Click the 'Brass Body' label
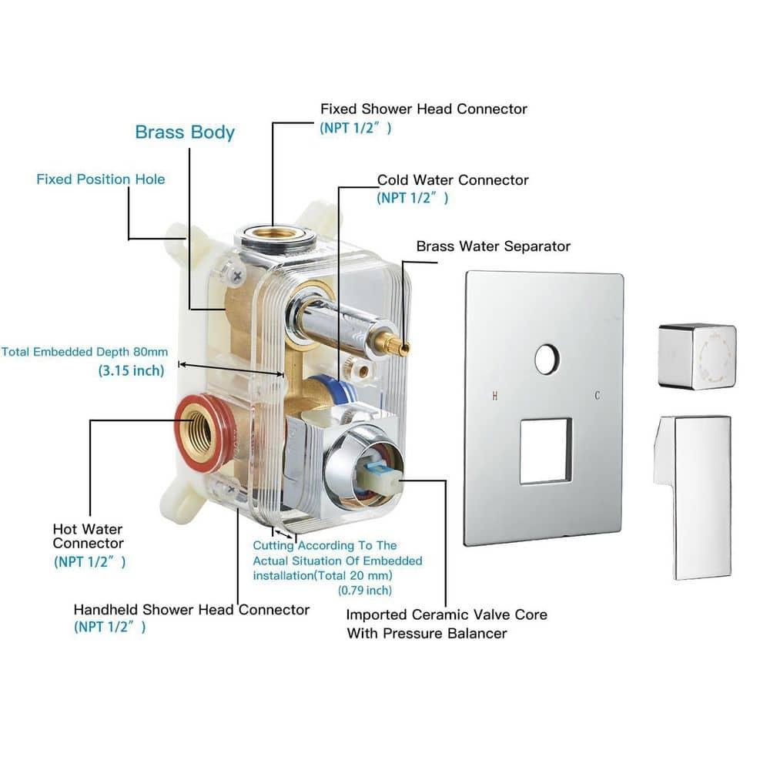pos(185,132)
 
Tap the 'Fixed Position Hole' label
pos(101,179)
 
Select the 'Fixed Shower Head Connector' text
pos(423,109)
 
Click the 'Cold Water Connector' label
pos(453,180)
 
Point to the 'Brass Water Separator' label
pos(493,246)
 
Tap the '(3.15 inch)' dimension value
pos(131,370)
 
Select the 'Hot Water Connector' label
pos(88,537)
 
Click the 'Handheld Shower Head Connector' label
pos(191,610)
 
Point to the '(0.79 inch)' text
pos(364,591)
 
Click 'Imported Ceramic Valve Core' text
pos(446,614)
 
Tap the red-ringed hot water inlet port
pos(203,434)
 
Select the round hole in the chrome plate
pos(547,360)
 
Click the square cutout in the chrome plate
pos(545,450)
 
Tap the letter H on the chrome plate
pos(494,397)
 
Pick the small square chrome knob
pos(697,356)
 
